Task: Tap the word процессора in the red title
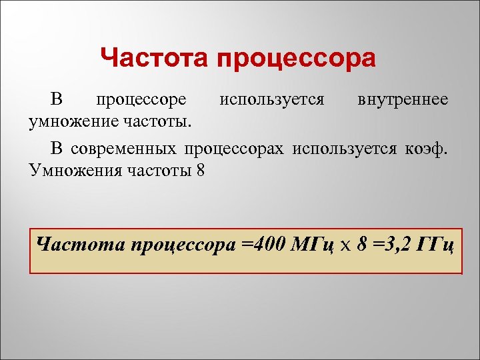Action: (x=295, y=59)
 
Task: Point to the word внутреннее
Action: (x=403, y=100)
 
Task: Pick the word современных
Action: (x=125, y=147)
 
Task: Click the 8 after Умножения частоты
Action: (x=201, y=169)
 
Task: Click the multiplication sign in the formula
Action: (x=345, y=245)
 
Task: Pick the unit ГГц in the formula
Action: (x=435, y=244)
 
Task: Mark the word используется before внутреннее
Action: (x=272, y=100)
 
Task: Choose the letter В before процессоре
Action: (x=57, y=100)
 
